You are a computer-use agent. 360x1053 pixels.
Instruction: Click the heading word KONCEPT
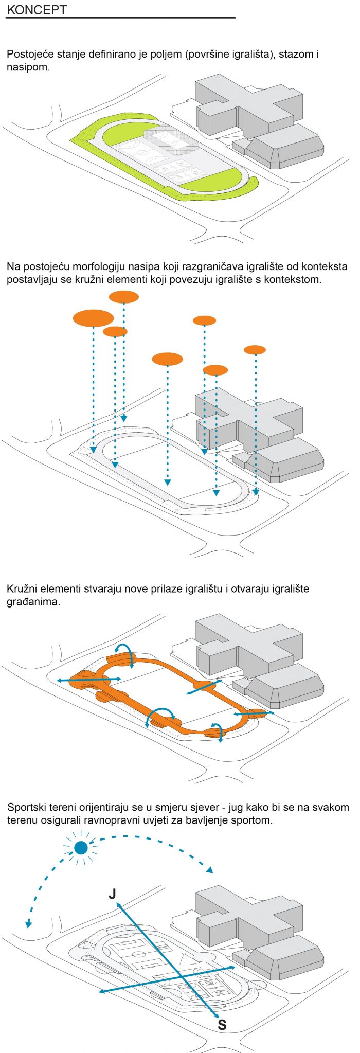point(37,10)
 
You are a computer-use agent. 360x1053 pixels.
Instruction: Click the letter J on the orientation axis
point(112,894)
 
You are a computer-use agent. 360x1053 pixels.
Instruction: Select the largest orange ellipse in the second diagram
point(93,318)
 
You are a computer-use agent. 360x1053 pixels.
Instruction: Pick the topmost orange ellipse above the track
point(124,297)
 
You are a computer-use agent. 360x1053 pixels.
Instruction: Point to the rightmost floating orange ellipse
point(255,350)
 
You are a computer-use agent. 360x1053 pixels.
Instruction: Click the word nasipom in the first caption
point(27,67)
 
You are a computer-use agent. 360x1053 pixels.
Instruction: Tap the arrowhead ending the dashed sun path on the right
point(209,869)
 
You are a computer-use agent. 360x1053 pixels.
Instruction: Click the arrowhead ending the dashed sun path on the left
point(28,923)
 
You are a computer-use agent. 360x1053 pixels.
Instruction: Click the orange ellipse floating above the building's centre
point(215,370)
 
